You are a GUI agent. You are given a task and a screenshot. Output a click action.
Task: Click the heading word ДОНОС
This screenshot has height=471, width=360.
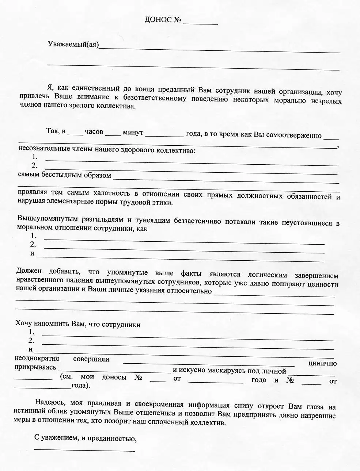(158, 20)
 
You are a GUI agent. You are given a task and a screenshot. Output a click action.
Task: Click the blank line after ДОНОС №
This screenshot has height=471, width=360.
(200, 23)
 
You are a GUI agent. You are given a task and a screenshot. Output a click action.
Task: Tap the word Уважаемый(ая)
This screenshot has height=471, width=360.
(73, 45)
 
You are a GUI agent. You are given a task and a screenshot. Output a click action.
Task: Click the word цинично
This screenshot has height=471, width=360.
(322, 363)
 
